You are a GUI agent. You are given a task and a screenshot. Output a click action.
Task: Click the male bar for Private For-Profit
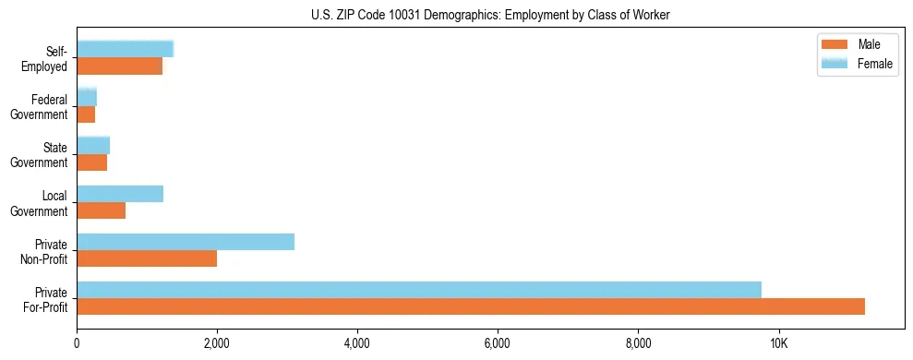pos(471,306)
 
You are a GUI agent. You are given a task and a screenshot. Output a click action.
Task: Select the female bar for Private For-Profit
pos(419,290)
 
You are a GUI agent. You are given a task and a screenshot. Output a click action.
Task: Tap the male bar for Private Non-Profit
pos(147,258)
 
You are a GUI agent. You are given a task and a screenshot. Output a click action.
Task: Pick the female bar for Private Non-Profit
pos(186,242)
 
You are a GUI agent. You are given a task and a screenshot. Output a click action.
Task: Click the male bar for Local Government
pos(102,210)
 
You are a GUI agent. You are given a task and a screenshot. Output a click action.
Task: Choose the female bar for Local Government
pos(120,194)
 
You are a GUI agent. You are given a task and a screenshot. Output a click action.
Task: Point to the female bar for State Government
pos(93,145)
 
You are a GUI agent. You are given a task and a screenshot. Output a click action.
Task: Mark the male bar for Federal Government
pos(86,114)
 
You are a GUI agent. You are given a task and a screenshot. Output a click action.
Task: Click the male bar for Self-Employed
pos(120,66)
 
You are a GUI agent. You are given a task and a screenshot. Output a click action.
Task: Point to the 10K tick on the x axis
pos(778,343)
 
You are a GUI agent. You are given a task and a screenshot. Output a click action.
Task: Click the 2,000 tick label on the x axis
pos(217,343)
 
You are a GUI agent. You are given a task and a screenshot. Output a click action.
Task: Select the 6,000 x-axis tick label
pos(498,343)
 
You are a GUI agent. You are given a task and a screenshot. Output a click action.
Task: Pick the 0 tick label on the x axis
pos(78,343)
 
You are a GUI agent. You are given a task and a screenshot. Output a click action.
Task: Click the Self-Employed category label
pos(49,58)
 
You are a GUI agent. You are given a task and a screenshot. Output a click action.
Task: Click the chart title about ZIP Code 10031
pos(490,14)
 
